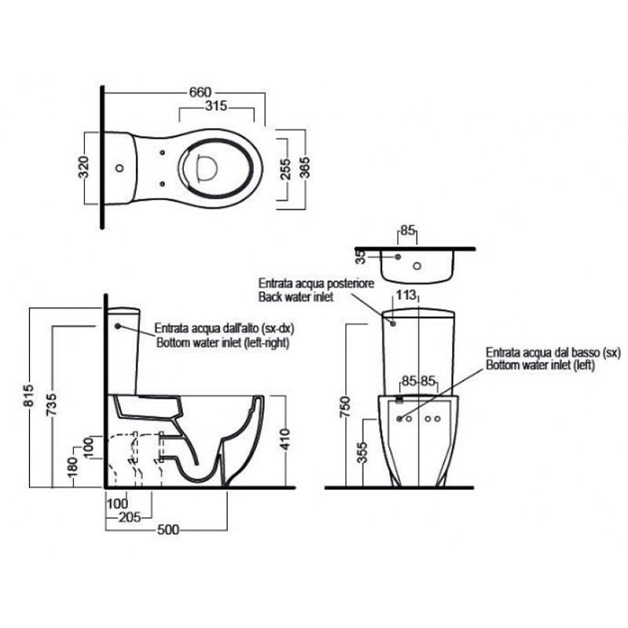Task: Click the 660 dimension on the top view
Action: coord(200,92)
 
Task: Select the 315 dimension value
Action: coord(217,106)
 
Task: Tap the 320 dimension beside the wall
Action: coord(84,167)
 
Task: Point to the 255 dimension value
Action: coord(285,169)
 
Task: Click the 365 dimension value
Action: coord(305,166)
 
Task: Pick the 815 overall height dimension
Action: coord(29,396)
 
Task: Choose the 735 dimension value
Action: coord(51,404)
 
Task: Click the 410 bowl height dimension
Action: coord(285,440)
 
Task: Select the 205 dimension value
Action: coord(130,517)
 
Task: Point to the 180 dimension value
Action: coord(72,468)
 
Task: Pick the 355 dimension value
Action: coord(362,453)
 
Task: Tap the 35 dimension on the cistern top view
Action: coord(361,257)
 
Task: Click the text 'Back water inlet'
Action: coord(296,297)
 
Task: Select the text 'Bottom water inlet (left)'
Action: coord(540,365)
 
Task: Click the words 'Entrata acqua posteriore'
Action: coord(316,283)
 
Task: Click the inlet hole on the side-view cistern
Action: coord(118,326)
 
